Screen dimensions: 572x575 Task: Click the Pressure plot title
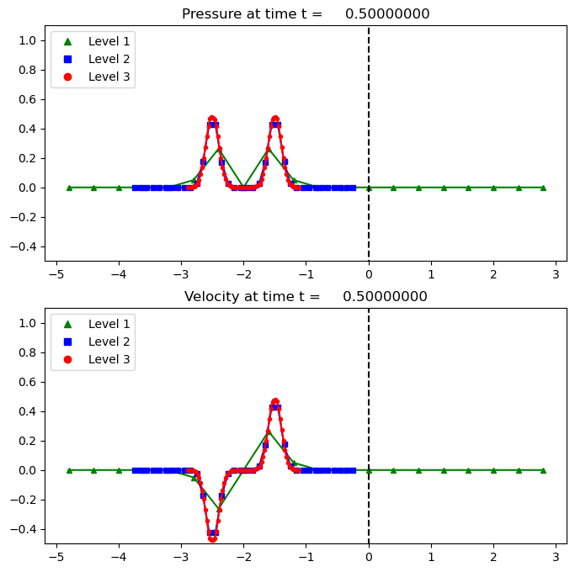(306, 14)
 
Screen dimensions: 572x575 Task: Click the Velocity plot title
(306, 297)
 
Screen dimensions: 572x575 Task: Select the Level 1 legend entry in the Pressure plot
(92, 41)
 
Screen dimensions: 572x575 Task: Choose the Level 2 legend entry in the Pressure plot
(92, 59)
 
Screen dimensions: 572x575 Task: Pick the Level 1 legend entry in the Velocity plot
(92, 324)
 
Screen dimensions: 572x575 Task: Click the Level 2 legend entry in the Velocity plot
(92, 342)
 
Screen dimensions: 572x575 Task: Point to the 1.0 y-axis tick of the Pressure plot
(28, 40)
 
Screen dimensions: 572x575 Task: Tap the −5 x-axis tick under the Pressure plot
(56, 274)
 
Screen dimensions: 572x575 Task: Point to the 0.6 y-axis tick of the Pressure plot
(28, 99)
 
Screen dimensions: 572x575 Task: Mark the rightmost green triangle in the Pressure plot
(543, 188)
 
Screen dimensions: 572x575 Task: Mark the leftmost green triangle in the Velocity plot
(69, 470)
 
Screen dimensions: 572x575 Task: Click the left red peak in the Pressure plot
(212, 119)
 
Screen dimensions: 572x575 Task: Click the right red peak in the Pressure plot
(274, 119)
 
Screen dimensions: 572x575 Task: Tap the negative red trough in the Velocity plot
(212, 539)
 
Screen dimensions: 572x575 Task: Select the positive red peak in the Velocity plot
(274, 401)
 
